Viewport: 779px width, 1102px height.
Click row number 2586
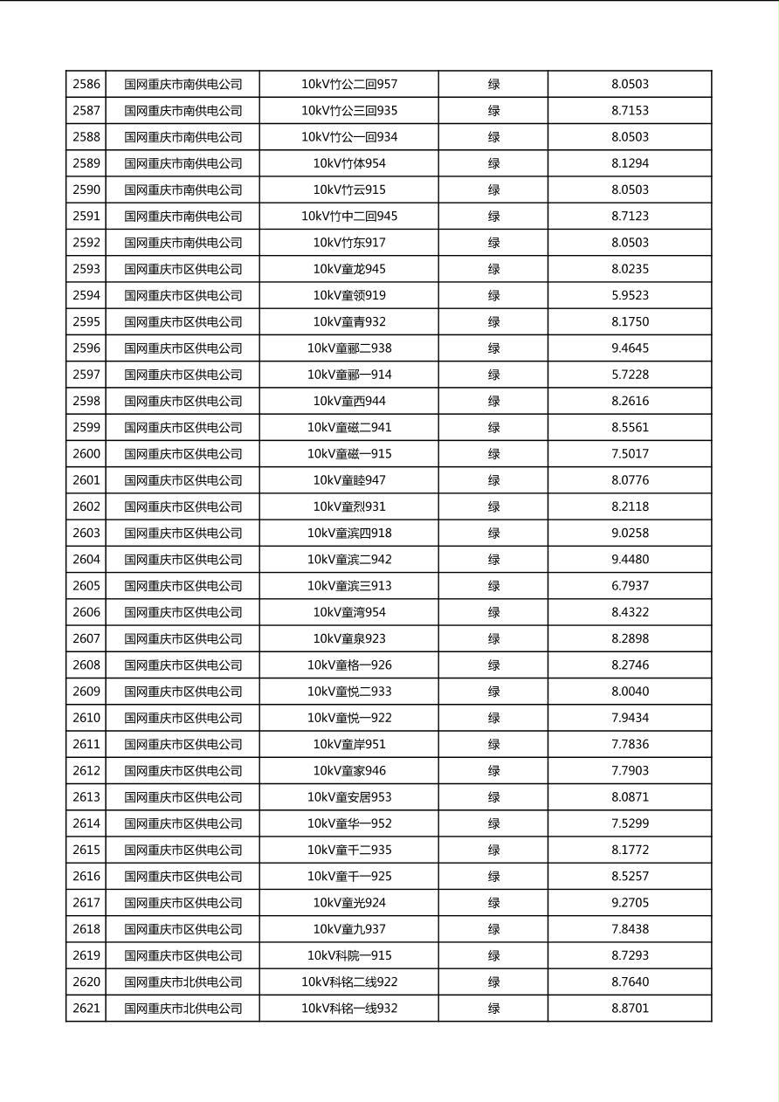(x=86, y=85)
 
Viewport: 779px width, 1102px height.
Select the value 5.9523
(x=630, y=295)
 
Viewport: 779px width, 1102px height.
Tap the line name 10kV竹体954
(x=349, y=163)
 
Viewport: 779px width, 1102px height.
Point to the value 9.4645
(x=630, y=348)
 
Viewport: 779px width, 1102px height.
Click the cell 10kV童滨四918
(x=349, y=533)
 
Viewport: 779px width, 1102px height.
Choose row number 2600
(x=86, y=454)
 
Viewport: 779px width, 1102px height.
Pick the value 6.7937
(x=630, y=586)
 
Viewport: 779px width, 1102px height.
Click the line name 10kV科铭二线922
(x=349, y=981)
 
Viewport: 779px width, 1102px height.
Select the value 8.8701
(x=630, y=1008)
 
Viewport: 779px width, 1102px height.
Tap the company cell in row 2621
(x=183, y=1008)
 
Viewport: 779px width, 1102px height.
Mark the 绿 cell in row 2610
(x=493, y=718)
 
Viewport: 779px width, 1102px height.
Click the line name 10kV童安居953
(x=349, y=797)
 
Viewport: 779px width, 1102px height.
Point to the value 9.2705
(x=630, y=903)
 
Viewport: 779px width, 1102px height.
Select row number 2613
(x=86, y=797)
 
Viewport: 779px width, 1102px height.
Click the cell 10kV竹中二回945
(x=349, y=216)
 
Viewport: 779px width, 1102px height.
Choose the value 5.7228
(x=630, y=375)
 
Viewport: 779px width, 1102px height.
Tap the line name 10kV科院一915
(x=349, y=955)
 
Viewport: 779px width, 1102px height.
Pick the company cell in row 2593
(x=183, y=269)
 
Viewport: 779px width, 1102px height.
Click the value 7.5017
(x=630, y=454)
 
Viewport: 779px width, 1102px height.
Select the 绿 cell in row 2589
(x=493, y=163)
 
